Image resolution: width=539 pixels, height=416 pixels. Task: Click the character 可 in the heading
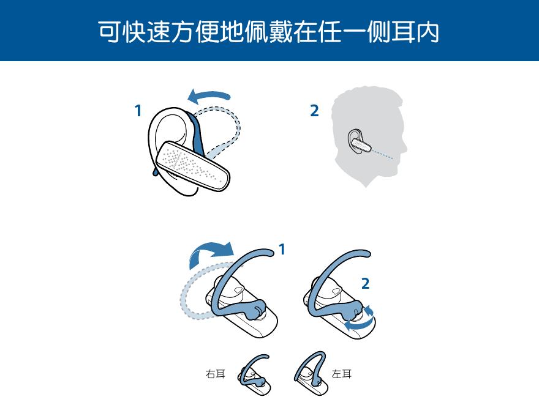tap(110, 32)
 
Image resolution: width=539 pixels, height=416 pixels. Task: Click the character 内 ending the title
tap(428, 32)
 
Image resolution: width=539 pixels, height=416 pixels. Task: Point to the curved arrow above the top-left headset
tap(209, 96)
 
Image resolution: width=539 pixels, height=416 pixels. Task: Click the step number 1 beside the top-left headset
tap(138, 111)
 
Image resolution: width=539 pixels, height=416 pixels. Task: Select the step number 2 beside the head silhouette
tap(314, 111)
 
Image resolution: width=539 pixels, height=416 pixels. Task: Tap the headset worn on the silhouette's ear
tap(359, 141)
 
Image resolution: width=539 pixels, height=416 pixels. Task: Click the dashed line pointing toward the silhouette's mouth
tap(382, 154)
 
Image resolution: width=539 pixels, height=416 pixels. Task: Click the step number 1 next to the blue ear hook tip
tap(282, 250)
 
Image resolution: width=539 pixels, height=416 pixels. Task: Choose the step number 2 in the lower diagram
tap(365, 283)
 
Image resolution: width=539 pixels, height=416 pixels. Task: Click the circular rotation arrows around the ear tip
tap(360, 319)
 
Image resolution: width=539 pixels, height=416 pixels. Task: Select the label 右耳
tap(215, 373)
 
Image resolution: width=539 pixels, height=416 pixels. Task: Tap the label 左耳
tap(342, 373)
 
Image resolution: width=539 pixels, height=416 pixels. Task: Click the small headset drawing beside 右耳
tap(254, 375)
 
